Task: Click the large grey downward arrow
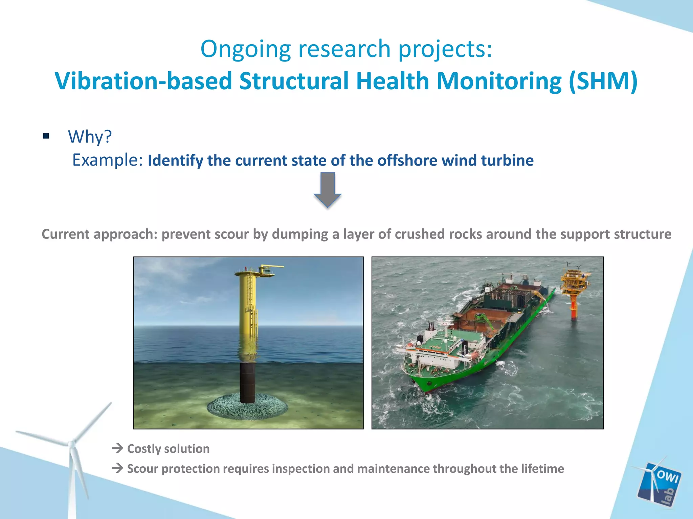(328, 189)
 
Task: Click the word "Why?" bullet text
(90, 137)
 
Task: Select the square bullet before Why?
(46, 136)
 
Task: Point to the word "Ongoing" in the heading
(246, 49)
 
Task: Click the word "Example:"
(108, 160)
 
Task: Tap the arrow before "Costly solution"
(117, 448)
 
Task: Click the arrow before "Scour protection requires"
(117, 468)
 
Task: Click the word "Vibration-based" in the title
(144, 81)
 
